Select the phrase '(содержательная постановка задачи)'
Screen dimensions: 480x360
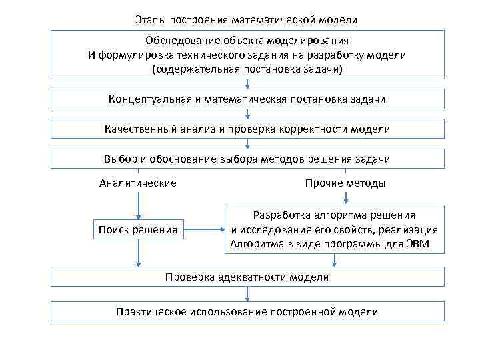[x=247, y=69]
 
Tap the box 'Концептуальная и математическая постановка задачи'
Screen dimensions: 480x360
[x=247, y=99]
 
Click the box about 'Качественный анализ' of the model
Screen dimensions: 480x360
[x=247, y=129]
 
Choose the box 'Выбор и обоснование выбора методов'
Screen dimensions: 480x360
[x=247, y=159]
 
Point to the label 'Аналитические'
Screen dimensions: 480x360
[x=138, y=183]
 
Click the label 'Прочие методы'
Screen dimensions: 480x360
[x=345, y=183]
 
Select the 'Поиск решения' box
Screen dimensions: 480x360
[x=138, y=230]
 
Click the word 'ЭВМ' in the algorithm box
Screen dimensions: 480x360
[x=417, y=244]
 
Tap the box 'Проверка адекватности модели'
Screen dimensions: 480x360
[x=247, y=277]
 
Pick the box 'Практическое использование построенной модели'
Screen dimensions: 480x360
[x=247, y=311]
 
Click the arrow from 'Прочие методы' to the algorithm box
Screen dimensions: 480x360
[x=345, y=198]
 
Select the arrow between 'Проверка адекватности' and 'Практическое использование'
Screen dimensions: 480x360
[x=247, y=294]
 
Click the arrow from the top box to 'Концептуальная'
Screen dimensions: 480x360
[x=247, y=84]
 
